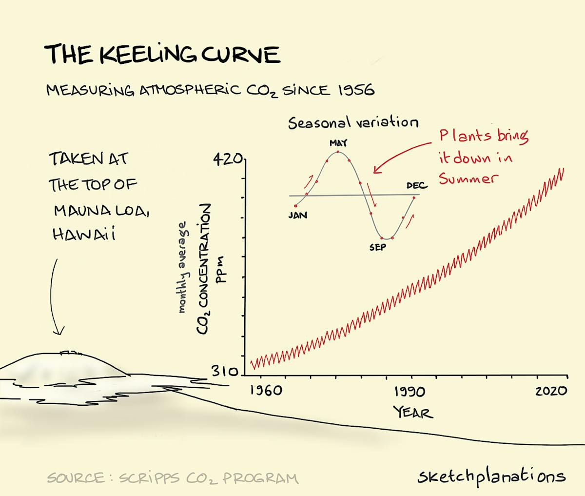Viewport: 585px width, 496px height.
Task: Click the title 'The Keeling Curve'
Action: coord(162,54)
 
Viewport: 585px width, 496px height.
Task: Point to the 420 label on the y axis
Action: coord(228,159)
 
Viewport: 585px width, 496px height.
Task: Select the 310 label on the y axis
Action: coord(225,372)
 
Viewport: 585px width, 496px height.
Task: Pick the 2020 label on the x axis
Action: coord(551,391)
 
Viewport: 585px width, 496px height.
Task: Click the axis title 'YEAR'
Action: coord(413,413)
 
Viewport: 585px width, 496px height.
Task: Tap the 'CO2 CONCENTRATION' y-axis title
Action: coord(204,269)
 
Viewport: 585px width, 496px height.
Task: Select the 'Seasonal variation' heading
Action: coord(353,122)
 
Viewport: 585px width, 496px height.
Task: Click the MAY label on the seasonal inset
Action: coord(338,143)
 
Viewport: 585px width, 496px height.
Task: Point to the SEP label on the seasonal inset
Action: coord(377,248)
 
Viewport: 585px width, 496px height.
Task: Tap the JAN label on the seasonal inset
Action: coord(297,215)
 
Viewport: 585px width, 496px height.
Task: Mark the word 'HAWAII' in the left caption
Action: coord(84,235)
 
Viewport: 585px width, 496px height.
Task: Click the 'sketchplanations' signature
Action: coord(491,476)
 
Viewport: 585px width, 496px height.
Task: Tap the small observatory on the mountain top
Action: coord(69,352)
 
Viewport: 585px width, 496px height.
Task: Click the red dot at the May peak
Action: coord(337,152)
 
